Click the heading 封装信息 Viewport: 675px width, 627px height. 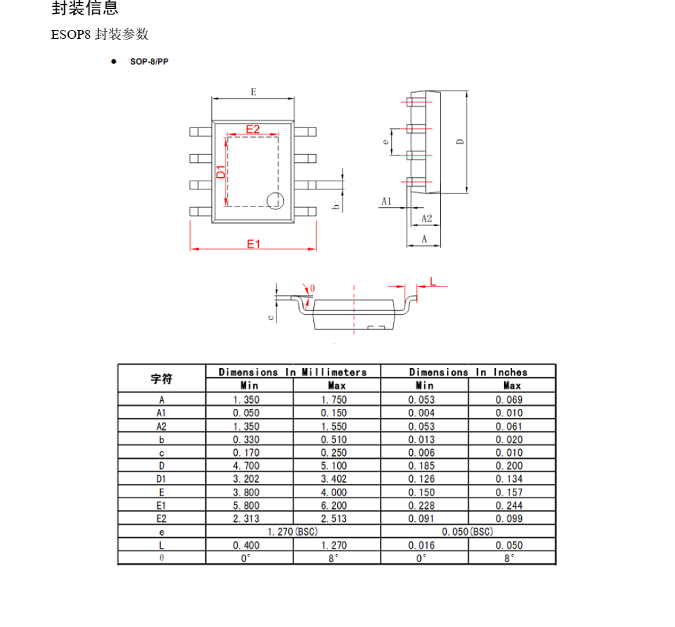85,9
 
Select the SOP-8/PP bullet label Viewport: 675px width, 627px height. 149,62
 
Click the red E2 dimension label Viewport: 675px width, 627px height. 253,129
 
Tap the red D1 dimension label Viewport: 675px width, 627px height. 221,172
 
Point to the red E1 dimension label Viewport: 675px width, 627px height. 253,243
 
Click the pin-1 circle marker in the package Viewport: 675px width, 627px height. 275,201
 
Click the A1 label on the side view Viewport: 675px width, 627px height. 386,202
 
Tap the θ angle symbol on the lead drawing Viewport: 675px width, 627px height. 313,289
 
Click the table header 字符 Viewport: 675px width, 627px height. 161,378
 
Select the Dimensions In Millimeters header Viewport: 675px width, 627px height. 293,372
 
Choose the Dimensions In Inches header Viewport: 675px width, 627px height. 468,372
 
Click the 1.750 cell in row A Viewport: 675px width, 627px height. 334,399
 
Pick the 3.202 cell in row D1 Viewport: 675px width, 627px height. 246,479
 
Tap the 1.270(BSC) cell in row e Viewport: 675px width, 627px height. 293,532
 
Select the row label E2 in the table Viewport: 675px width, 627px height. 161,519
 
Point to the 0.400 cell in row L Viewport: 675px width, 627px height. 246,545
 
